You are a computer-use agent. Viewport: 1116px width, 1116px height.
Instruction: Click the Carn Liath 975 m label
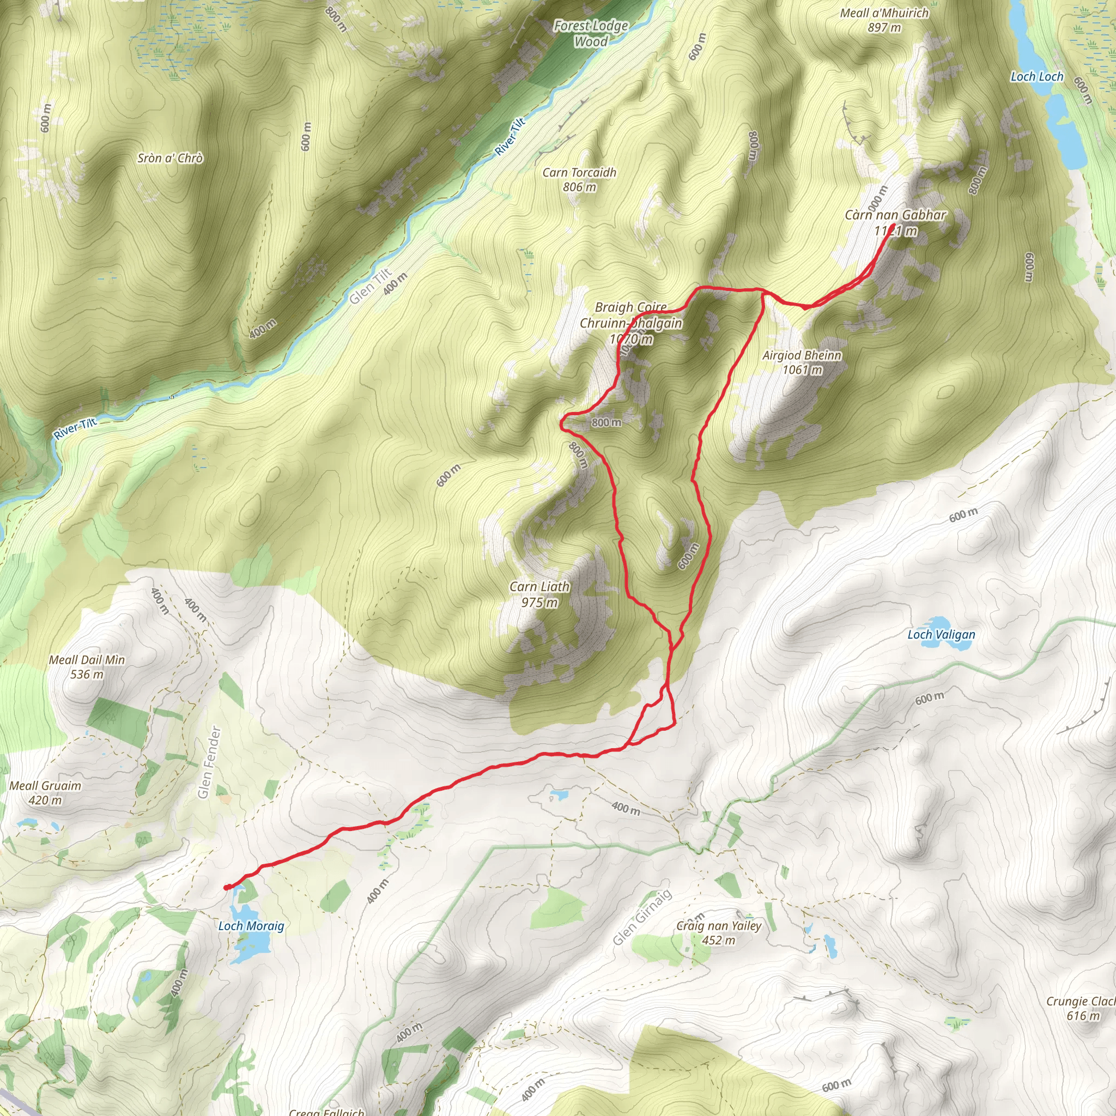(x=539, y=595)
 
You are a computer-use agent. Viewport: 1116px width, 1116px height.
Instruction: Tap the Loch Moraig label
(x=251, y=926)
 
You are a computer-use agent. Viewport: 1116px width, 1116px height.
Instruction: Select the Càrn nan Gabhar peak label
(x=895, y=222)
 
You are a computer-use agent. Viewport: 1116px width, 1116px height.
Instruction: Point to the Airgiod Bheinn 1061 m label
(x=802, y=362)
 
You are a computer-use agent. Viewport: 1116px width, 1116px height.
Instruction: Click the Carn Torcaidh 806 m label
(x=579, y=179)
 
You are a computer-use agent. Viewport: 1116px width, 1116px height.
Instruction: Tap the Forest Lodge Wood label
(x=591, y=33)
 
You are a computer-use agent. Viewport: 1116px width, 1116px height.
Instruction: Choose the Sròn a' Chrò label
(x=171, y=158)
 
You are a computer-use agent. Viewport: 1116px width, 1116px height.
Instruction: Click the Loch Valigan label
(x=941, y=634)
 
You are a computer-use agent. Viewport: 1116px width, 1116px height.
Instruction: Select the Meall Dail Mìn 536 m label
(x=87, y=666)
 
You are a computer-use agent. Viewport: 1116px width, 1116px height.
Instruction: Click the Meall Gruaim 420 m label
(x=45, y=792)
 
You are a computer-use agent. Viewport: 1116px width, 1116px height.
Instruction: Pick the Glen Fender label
(x=209, y=762)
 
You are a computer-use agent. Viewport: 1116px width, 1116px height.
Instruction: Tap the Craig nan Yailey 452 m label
(x=719, y=932)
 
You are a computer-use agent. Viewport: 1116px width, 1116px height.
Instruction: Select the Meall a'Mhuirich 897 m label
(x=884, y=20)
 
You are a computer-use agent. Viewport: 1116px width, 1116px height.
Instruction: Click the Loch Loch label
(x=1036, y=77)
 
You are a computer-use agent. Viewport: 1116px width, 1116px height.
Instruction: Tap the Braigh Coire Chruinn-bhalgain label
(x=631, y=323)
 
